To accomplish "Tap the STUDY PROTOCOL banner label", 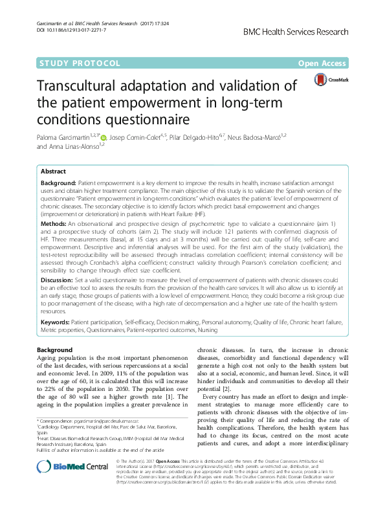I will click(80, 63).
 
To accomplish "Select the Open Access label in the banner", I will click(322, 63).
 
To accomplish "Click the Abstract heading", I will click(53, 172).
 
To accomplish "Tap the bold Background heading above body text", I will click(55, 350).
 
